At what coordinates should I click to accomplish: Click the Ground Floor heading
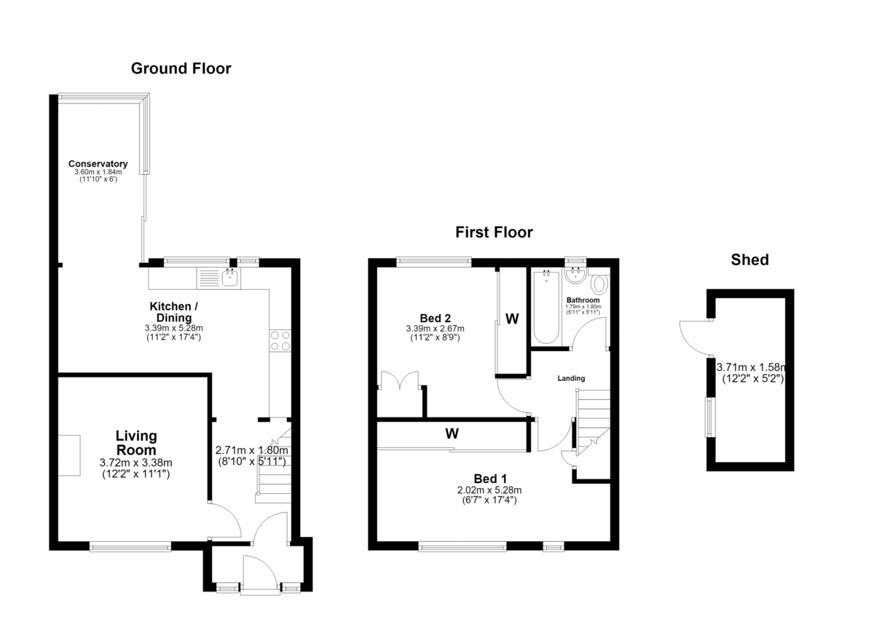point(181,68)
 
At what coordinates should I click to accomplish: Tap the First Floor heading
point(494,232)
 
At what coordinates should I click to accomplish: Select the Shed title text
point(749,260)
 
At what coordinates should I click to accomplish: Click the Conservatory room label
point(98,163)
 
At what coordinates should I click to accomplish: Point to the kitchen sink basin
point(231,278)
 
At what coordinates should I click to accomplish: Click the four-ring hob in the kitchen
point(280,341)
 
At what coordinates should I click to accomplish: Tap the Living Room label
point(136,443)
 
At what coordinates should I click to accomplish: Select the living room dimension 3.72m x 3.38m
point(135,463)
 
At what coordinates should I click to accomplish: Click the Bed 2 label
point(435,318)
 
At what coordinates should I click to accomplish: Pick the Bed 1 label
point(490,479)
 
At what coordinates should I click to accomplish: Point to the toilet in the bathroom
point(599,284)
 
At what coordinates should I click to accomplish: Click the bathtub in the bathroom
point(546,307)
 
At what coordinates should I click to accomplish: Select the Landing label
point(571,378)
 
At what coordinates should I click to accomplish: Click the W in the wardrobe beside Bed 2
point(512,319)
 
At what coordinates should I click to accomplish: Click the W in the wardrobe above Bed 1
point(452,433)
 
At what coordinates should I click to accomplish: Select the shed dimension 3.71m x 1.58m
point(751,367)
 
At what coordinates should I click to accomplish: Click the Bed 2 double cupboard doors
point(400,380)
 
